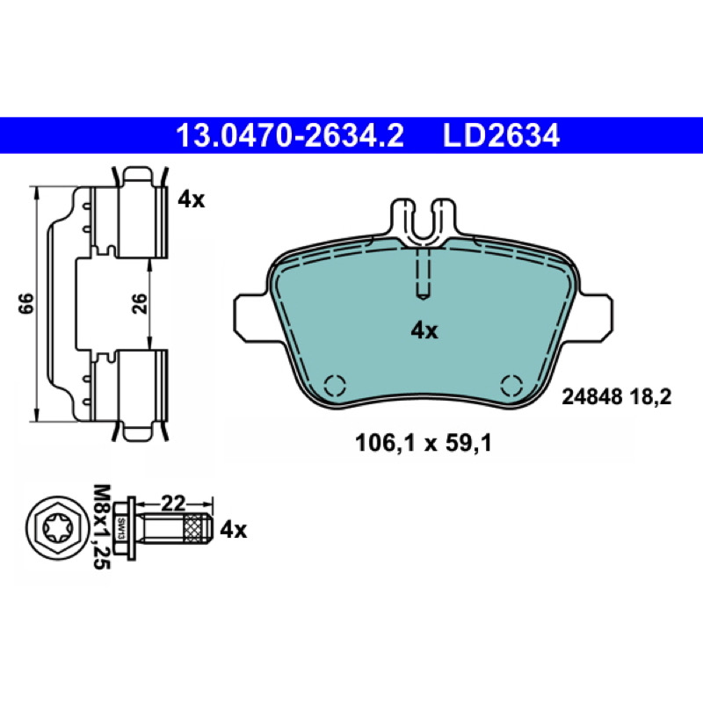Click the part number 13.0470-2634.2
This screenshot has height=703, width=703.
(x=290, y=135)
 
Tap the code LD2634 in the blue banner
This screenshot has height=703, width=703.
(x=501, y=135)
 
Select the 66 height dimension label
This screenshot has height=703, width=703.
(x=26, y=303)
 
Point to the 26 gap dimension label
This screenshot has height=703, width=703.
(x=140, y=303)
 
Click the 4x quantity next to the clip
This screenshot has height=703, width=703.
(x=191, y=199)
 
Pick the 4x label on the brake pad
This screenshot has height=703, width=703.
(x=424, y=331)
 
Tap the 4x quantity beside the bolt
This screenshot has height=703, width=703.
(x=233, y=531)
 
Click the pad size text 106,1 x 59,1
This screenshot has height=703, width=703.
(x=424, y=444)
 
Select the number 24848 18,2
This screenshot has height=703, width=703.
(x=617, y=397)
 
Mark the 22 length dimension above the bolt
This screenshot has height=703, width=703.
(x=173, y=504)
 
